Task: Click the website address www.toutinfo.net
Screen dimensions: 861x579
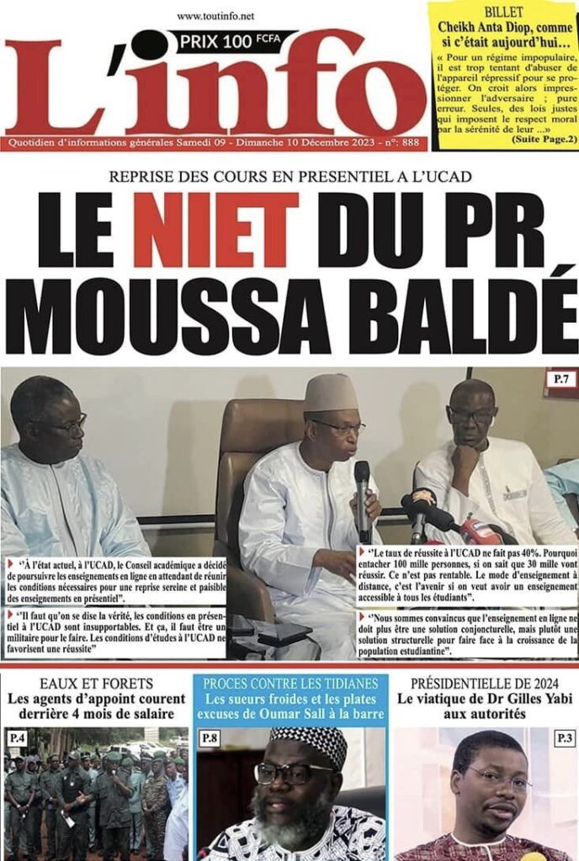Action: (x=216, y=16)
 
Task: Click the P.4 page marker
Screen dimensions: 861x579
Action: (x=17, y=738)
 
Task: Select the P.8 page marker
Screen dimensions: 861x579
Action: (x=210, y=738)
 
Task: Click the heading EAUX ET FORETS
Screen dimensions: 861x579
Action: (x=96, y=683)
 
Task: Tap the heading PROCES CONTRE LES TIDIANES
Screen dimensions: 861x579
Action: (x=290, y=683)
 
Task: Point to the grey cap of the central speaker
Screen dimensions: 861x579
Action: (x=331, y=392)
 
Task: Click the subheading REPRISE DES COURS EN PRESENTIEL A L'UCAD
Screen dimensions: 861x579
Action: (x=290, y=177)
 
